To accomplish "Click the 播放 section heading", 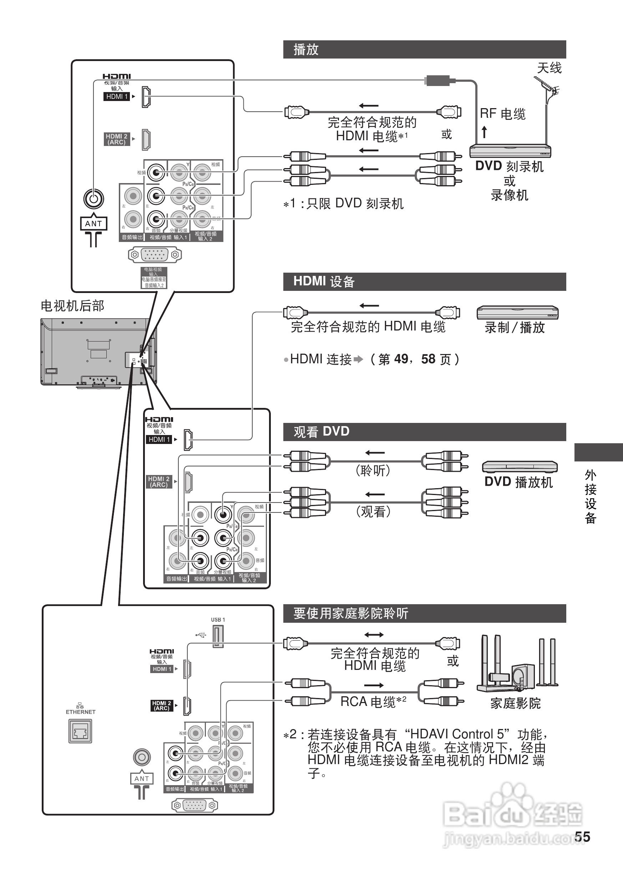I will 306,50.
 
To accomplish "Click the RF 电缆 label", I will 502,113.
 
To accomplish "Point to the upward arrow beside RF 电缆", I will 485,132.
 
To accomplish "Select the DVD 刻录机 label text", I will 509,166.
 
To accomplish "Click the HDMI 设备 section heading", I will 324,282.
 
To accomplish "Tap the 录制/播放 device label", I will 515,327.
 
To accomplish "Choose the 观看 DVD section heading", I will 321,431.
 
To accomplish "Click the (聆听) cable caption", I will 373,470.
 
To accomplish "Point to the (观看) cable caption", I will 373,511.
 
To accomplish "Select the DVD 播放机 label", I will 518,482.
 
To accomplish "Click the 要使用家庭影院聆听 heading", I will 351,613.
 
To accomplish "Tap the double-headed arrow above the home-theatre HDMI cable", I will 374,635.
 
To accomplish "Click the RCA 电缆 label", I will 368,701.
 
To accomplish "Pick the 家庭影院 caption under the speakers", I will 515,703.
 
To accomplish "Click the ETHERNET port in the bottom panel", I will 80,731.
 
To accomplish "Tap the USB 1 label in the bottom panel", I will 218,620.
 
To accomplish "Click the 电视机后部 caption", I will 72,306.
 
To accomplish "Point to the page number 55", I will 582,837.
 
